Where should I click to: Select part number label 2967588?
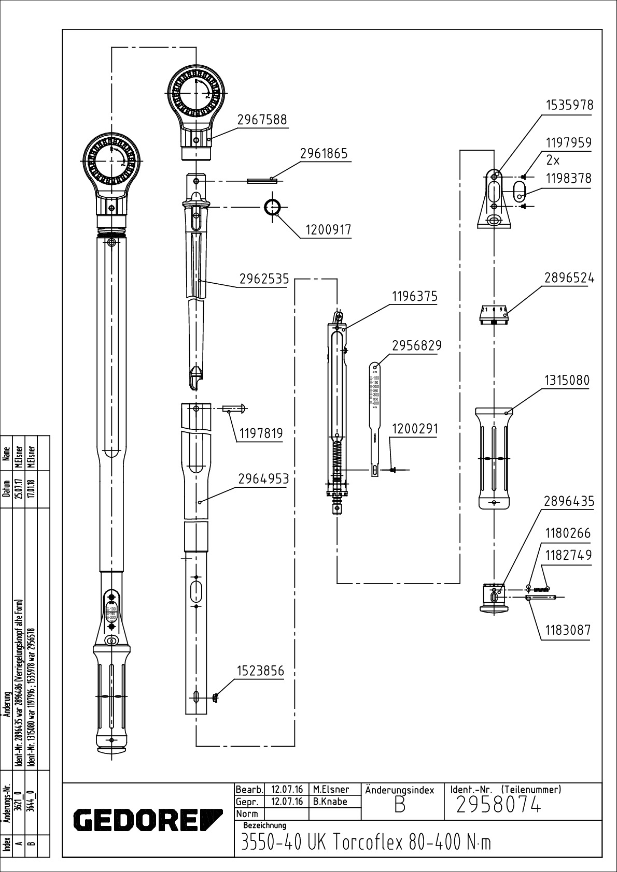[262, 120]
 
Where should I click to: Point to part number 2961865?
[324, 154]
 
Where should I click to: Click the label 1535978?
[569, 105]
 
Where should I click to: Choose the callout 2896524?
[569, 278]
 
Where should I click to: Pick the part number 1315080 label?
[567, 381]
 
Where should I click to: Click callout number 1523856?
[260, 671]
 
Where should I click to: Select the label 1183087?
[567, 630]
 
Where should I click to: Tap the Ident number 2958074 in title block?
[498, 806]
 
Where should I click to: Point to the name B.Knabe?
[330, 802]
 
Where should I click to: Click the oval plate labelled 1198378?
[518, 191]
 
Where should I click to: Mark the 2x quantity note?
[553, 160]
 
